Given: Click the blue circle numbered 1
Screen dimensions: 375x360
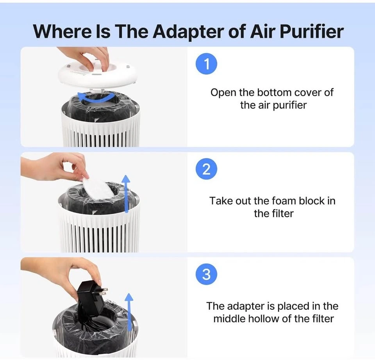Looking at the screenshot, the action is tap(206, 64).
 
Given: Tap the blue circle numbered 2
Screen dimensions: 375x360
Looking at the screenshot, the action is tap(206, 169).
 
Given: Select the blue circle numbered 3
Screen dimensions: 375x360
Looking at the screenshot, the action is tap(206, 274).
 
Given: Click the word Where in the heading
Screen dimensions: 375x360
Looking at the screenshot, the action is tap(62, 31).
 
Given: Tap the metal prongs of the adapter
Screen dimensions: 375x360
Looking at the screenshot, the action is tap(103, 292).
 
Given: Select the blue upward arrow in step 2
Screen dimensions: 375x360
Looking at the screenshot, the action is tap(126, 193).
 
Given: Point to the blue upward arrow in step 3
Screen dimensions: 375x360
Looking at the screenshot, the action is tap(129, 312).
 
